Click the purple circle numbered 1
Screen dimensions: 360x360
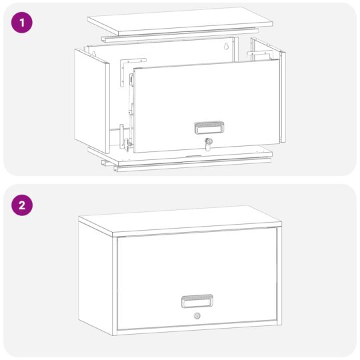click(22, 23)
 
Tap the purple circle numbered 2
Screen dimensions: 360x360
click(22, 205)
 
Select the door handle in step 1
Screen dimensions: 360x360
click(209, 127)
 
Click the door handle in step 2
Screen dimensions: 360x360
click(197, 301)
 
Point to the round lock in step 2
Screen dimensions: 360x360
click(197, 316)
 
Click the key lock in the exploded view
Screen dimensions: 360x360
click(208, 144)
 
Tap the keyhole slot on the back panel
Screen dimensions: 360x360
click(226, 46)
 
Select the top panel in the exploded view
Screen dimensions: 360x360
click(180, 21)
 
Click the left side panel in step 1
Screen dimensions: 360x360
click(92, 101)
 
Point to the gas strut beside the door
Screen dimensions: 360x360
click(131, 101)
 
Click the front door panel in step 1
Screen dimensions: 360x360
click(207, 106)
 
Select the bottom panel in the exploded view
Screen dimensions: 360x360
click(180, 156)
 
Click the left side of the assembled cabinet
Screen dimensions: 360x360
click(95, 279)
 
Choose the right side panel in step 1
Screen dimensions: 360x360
click(283, 97)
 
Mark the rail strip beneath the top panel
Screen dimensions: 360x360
click(180, 35)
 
